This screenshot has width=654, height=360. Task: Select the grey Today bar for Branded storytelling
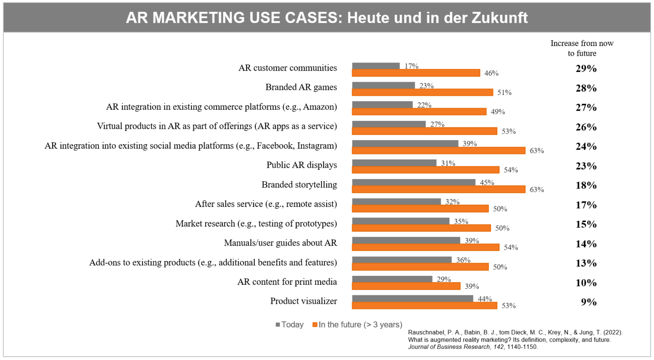point(413,182)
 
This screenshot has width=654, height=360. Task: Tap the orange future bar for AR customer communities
point(416,73)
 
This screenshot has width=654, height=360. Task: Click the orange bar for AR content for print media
point(406,286)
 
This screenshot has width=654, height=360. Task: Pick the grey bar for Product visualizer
point(412,298)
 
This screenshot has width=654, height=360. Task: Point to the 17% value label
point(411,66)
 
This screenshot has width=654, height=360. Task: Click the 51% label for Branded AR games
point(504,92)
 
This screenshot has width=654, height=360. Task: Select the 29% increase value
point(586,69)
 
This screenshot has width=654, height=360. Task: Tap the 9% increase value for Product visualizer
point(588,302)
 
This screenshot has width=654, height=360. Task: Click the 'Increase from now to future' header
point(582,48)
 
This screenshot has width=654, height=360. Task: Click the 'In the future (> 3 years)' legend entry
point(357,325)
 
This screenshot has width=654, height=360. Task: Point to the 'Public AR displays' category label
point(301,165)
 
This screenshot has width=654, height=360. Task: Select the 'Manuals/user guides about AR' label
point(280,243)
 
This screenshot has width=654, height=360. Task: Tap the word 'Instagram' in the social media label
point(316,146)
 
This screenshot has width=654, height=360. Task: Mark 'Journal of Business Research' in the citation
point(449,347)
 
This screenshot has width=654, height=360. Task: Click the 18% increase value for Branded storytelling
point(586,186)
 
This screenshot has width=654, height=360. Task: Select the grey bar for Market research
point(400,221)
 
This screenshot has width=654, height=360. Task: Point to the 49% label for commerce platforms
point(498,112)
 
